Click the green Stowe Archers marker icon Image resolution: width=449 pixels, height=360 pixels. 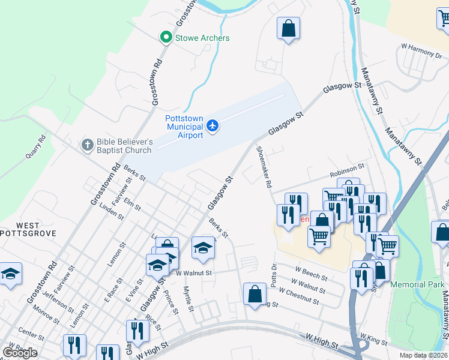(166, 38)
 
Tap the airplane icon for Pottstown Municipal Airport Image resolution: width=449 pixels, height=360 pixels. (212, 125)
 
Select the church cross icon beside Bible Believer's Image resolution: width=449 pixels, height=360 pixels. (88, 145)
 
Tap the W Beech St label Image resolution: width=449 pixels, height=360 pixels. (310, 274)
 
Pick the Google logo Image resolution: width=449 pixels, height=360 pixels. (20, 353)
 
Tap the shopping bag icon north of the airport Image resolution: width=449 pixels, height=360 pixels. (288, 28)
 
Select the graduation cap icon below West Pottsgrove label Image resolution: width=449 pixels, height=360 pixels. (10, 274)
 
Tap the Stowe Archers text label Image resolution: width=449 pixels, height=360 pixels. (202, 38)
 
